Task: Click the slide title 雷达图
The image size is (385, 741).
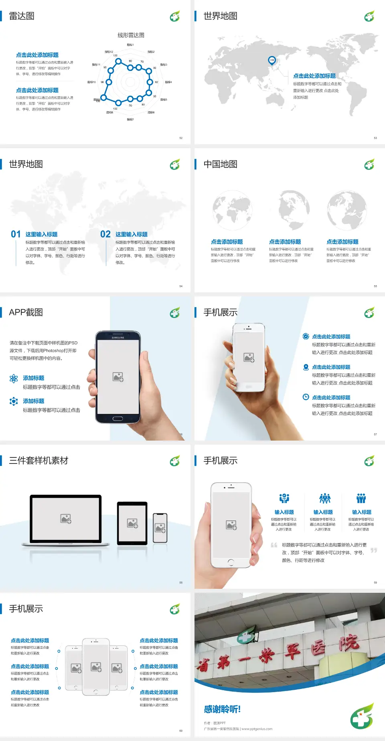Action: click(22, 16)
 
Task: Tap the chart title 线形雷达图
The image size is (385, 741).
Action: click(131, 35)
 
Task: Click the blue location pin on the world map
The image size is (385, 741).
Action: click(272, 60)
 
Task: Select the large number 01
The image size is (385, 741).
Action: click(16, 234)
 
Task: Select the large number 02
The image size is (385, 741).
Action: click(105, 234)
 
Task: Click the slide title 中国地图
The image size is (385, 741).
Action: click(220, 164)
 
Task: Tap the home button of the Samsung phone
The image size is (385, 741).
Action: click(118, 419)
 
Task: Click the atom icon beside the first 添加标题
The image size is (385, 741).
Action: click(14, 379)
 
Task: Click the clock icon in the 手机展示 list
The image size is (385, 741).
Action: click(306, 397)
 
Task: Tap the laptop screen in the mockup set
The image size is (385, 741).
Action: click(66, 519)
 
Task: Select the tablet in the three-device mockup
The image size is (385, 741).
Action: click(132, 523)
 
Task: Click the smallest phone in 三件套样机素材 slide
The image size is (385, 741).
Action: click(160, 528)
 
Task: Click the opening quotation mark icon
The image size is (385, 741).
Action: click(274, 545)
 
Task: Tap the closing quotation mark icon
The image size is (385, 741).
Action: click(374, 550)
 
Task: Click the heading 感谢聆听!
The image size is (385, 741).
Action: click(222, 709)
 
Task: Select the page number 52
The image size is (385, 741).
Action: click(181, 138)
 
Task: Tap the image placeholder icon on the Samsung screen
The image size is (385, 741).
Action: click(118, 377)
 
